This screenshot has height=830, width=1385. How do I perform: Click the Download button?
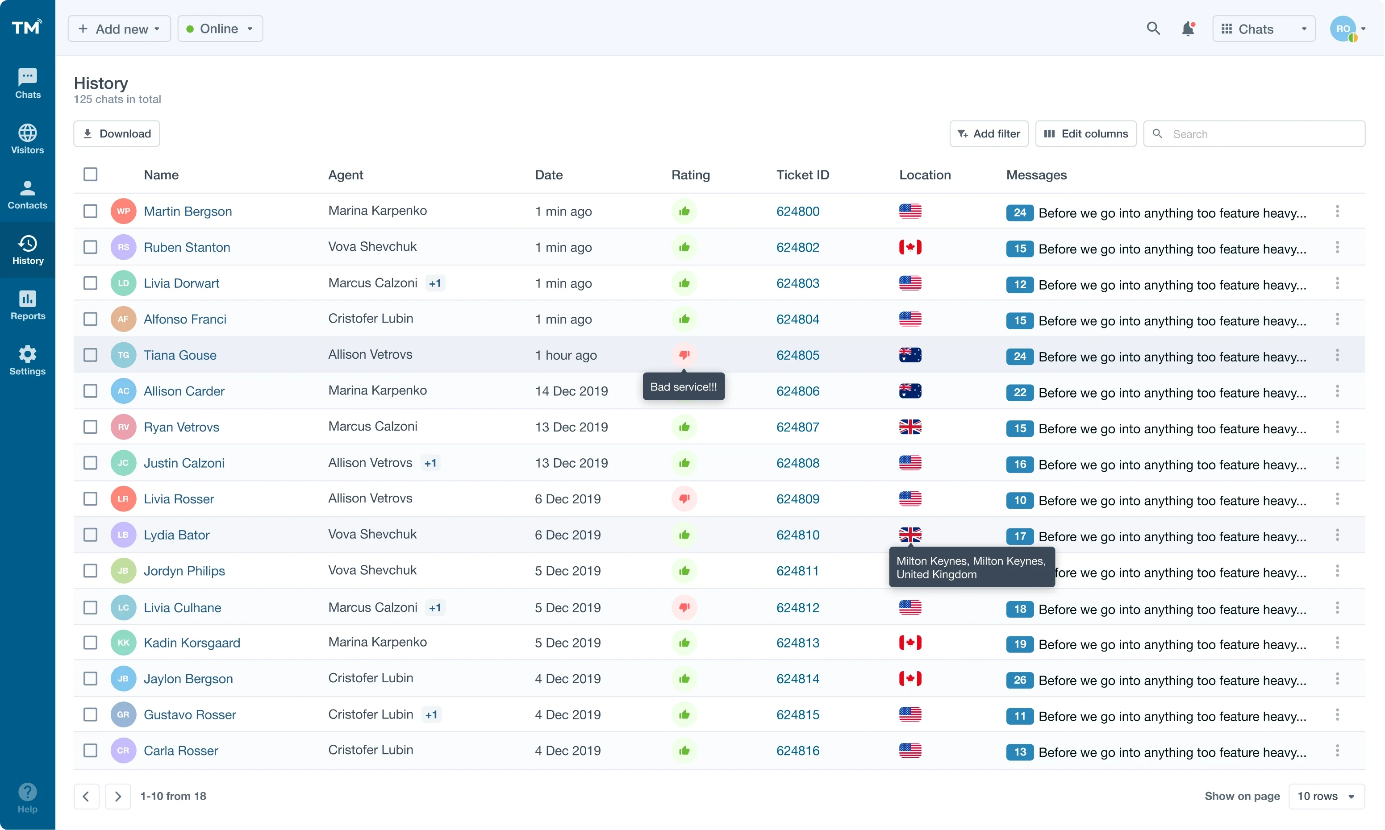coord(117,134)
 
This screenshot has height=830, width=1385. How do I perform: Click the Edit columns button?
coord(1085,134)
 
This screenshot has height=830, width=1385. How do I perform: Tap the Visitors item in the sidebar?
coord(27,139)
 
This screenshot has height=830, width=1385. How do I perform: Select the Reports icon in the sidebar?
coord(27,305)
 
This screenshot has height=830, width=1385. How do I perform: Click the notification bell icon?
coord(1188,29)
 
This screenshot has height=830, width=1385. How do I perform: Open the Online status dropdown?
coord(220,29)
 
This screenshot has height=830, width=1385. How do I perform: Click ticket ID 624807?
coord(797,427)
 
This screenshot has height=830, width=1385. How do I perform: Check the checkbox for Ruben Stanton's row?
coord(90,247)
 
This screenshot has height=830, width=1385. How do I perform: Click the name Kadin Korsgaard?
coord(192,643)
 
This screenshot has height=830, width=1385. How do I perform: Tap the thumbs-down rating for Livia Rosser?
coord(684,498)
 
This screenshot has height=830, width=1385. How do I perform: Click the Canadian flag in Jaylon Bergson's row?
coord(910,678)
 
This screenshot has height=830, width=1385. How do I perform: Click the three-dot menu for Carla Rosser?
coord(1337,751)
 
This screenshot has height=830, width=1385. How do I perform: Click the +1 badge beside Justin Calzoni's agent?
coord(430,463)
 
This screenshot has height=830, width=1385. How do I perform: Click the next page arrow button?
coord(117,796)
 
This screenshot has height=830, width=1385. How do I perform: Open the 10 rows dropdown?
coord(1326,796)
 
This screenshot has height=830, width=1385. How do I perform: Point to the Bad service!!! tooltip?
coord(683,386)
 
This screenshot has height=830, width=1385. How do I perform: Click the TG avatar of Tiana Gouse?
coord(123,355)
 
